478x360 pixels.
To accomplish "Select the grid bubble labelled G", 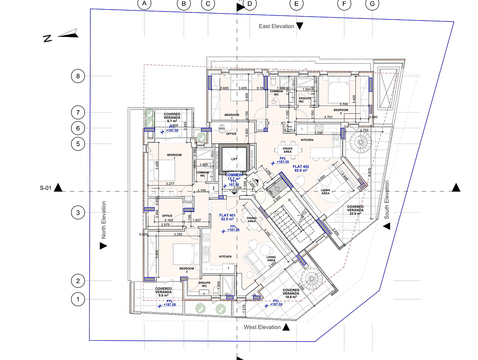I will (x=372, y=4).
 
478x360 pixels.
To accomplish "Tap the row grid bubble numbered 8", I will (x=78, y=76).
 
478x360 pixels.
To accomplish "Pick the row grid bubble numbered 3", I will (x=78, y=213).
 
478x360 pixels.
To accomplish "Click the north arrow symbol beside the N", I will (x=68, y=34).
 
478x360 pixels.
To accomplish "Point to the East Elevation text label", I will (x=276, y=26).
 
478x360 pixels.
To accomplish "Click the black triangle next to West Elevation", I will (x=286, y=327).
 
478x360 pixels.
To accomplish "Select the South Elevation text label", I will (x=387, y=200).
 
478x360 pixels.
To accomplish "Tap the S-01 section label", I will (x=46, y=188).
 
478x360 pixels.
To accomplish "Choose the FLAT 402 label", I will (x=301, y=167).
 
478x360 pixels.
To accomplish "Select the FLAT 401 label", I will (x=228, y=216).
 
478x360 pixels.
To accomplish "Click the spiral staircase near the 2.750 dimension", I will (x=360, y=144).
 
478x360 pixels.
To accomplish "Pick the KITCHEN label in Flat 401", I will (x=225, y=256).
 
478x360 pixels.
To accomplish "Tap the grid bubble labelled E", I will (x=297, y=4).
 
